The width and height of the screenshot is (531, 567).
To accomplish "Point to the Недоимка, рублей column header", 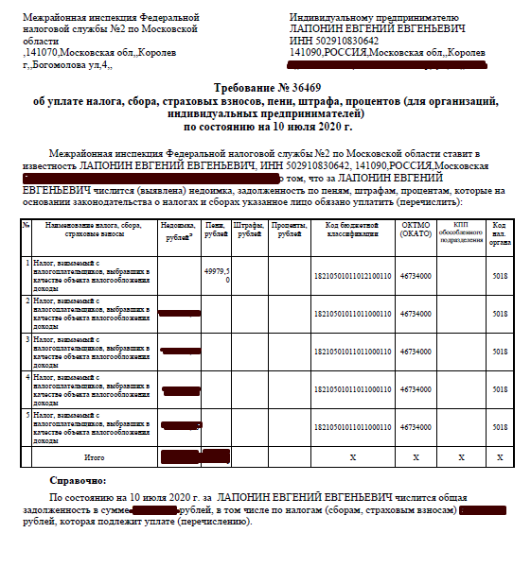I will coord(180,231).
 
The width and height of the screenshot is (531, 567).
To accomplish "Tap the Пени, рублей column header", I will coord(216,231).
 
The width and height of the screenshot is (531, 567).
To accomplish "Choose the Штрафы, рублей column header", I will coord(249,231).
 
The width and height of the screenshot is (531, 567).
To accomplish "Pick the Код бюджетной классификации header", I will coord(352,231).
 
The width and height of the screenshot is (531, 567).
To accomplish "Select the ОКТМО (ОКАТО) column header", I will coord(416,231).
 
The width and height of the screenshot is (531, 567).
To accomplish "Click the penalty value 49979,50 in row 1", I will coord(217,275).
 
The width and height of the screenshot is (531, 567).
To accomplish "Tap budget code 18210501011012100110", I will coord(352,276).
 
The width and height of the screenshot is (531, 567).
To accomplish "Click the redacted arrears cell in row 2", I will coord(180,313).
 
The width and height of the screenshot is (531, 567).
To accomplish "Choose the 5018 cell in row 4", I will coord(499,389).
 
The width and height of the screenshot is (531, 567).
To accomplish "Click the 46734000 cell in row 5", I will coord(416,427).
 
